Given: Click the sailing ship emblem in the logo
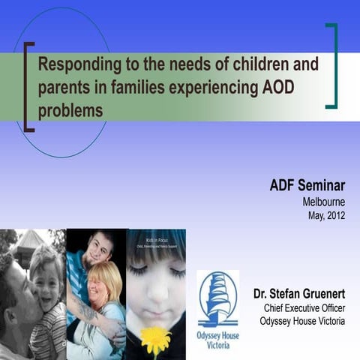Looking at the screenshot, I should [x=217, y=300].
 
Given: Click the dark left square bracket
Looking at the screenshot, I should [x=28, y=87].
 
